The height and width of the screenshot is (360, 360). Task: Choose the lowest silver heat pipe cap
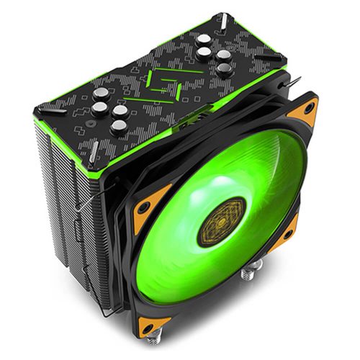tap(118, 128)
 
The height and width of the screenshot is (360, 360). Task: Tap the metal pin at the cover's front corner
tap(94, 152)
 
